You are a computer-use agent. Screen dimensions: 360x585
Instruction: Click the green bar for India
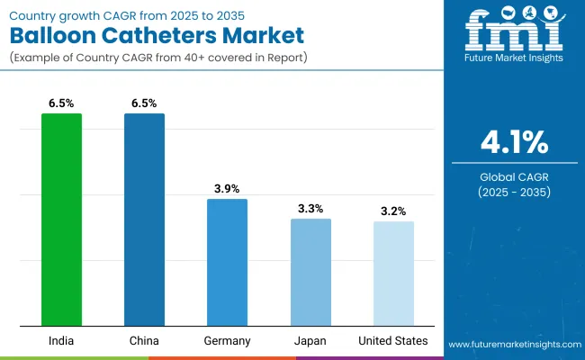click(x=61, y=220)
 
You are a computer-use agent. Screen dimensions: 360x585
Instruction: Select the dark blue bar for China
click(x=144, y=220)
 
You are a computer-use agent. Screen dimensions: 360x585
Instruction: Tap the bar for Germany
click(x=227, y=262)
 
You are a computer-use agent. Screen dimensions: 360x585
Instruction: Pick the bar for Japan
click(x=310, y=272)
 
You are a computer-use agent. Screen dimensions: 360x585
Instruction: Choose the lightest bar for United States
click(x=393, y=274)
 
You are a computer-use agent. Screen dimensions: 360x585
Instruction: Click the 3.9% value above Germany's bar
click(x=228, y=188)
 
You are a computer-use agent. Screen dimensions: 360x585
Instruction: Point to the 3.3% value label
click(x=310, y=208)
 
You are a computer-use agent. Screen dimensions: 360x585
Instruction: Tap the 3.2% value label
click(x=393, y=211)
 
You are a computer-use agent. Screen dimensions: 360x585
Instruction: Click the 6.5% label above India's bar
click(x=61, y=103)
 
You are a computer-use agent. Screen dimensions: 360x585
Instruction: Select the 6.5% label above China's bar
click(x=144, y=103)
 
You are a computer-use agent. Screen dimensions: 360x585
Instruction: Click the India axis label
click(x=61, y=341)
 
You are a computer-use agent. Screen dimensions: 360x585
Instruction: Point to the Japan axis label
click(x=310, y=341)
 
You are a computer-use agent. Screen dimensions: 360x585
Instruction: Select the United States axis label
click(x=393, y=341)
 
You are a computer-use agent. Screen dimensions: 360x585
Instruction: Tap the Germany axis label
click(x=227, y=341)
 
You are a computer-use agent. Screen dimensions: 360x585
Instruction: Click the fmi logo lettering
click(x=510, y=34)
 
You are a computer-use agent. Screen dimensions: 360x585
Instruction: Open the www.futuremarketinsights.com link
click(x=510, y=345)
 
